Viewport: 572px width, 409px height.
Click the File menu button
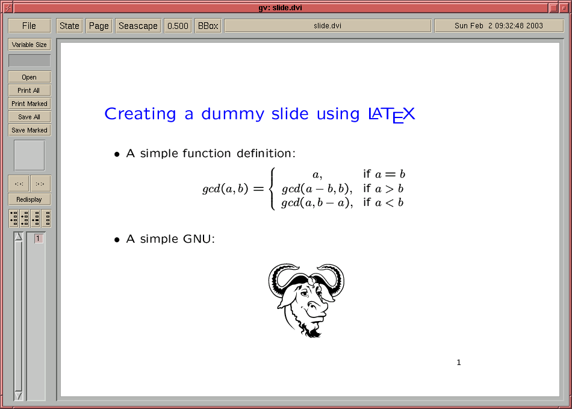pyautogui.click(x=29, y=26)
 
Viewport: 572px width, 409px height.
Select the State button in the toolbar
pyautogui.click(x=70, y=26)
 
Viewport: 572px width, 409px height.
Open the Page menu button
pyautogui.click(x=99, y=26)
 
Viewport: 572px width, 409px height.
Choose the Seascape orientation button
pyautogui.click(x=138, y=26)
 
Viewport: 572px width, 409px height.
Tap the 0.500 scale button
pyautogui.click(x=178, y=26)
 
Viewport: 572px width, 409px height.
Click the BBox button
pyautogui.click(x=208, y=26)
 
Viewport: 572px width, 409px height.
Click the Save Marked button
pyautogui.click(x=30, y=130)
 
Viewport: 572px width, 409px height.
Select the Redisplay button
pyautogui.click(x=30, y=199)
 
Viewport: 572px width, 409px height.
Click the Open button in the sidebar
pyautogui.click(x=30, y=77)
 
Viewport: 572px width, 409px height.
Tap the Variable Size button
pyautogui.click(x=30, y=45)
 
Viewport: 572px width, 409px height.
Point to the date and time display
pyautogui.click(x=499, y=26)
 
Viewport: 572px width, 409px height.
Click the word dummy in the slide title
pyautogui.click(x=233, y=114)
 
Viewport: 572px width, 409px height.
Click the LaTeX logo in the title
pyautogui.click(x=392, y=115)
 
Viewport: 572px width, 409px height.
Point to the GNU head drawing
pyautogui.click(x=306, y=300)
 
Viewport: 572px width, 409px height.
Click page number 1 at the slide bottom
pyautogui.click(x=459, y=362)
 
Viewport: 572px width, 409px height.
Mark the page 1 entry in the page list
pyautogui.click(x=38, y=239)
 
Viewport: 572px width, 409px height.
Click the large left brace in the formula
pyautogui.click(x=272, y=189)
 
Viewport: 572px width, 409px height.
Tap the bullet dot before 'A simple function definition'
pyautogui.click(x=117, y=155)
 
